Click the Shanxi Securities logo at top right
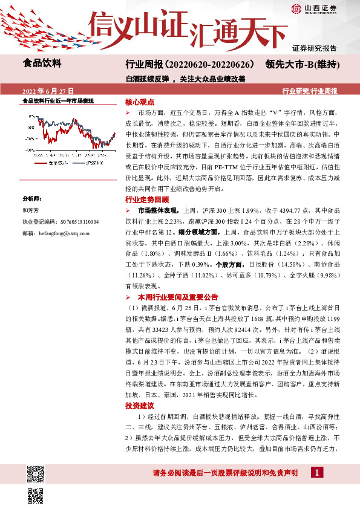[327, 8]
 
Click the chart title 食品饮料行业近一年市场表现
[58, 101]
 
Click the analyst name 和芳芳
[30, 227]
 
